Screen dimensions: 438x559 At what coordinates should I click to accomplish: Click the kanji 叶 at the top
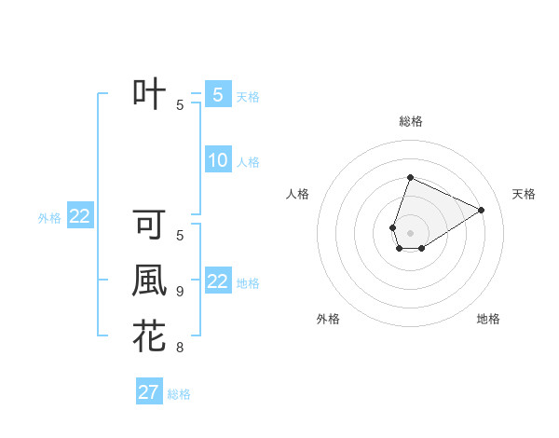pos(149,94)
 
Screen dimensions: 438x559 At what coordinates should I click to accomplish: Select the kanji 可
pos(149,226)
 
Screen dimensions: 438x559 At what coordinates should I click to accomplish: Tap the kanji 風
pos(149,281)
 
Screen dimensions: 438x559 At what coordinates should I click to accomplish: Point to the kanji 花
pos(149,336)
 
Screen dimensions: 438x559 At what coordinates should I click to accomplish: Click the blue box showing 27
pos(149,392)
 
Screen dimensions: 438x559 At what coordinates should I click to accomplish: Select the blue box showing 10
pos(217,160)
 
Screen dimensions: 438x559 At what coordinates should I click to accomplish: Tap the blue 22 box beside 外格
pos(79,216)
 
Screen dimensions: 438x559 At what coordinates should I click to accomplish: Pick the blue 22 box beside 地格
pos(217,281)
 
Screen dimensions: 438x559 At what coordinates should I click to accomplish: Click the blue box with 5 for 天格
pos(217,94)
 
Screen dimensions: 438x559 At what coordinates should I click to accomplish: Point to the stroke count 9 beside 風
pos(180,292)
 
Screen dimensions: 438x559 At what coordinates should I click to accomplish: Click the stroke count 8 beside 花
pos(180,349)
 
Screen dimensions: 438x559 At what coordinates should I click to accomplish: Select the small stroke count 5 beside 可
pos(180,236)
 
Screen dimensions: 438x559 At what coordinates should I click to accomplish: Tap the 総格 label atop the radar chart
pos(411,121)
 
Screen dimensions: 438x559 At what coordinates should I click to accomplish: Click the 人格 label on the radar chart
pos(298,194)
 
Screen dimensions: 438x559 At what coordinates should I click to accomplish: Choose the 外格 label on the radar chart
pos(328,319)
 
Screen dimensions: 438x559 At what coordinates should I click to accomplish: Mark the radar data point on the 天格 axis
pos(482,210)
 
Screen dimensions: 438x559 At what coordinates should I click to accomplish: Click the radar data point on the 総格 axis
pos(410,177)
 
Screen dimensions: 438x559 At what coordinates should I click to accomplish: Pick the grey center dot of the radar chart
pos(410,233)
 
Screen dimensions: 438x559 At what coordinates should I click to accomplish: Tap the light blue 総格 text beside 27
pos(179,394)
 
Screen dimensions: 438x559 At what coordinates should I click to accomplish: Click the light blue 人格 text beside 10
pos(248,162)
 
